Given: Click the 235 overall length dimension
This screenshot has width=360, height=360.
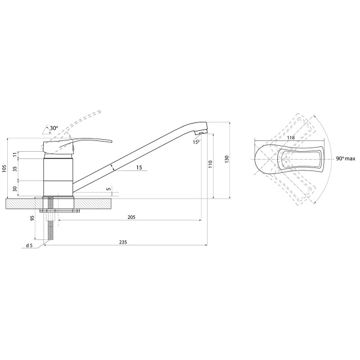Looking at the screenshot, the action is click(x=123, y=242).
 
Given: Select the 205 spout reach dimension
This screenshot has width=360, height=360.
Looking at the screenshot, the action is click(x=131, y=217).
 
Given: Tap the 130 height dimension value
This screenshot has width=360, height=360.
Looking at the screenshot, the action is click(x=227, y=159).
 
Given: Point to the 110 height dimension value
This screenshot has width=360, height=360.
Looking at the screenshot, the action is click(x=211, y=164).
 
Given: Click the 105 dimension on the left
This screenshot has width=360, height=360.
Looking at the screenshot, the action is click(x=4, y=168).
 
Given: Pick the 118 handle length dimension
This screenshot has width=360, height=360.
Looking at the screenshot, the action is click(x=290, y=138).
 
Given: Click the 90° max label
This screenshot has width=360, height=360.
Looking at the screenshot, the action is click(x=346, y=158).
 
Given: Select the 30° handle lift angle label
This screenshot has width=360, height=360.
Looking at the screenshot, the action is click(x=54, y=128).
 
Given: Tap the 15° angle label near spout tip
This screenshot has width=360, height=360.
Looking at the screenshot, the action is click(x=196, y=142).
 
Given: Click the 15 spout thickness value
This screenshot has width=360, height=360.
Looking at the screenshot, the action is click(x=139, y=167).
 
